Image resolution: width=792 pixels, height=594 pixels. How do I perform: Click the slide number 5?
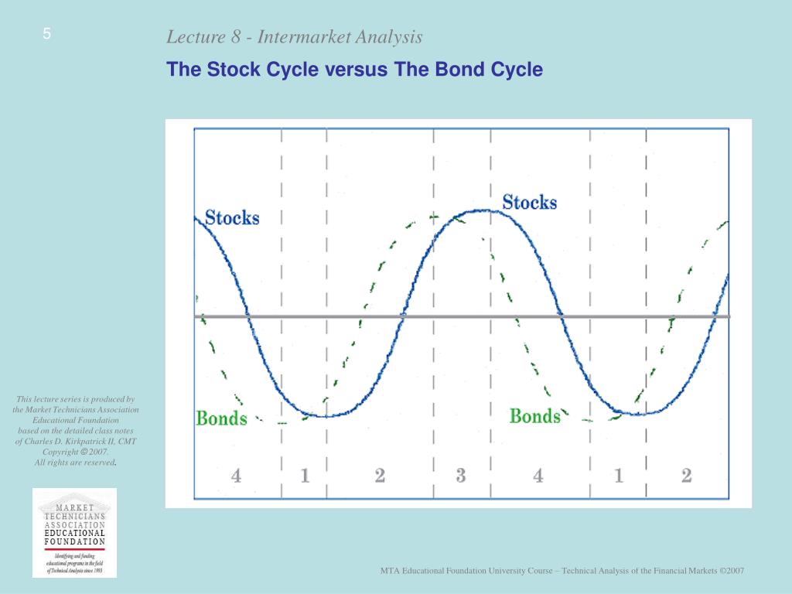[46, 34]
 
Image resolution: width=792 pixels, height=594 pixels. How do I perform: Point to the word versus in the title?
[357, 70]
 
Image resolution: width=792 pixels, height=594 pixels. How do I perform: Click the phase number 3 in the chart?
[461, 475]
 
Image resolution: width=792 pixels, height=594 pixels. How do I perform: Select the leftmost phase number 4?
[236, 475]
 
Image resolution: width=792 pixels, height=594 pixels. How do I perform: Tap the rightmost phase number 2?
[686, 475]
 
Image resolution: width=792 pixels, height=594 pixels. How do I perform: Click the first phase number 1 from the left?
[305, 475]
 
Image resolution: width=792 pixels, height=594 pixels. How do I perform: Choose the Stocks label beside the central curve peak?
[529, 203]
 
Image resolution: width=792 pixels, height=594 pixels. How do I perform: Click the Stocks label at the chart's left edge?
[231, 217]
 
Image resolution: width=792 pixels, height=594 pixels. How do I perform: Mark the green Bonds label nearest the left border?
[221, 418]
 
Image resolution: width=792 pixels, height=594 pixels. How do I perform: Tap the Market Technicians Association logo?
[74, 532]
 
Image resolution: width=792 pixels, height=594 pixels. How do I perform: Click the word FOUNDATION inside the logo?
[74, 541]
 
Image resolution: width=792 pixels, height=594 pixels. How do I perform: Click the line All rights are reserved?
[75, 462]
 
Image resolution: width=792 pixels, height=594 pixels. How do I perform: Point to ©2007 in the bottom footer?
[731, 571]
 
